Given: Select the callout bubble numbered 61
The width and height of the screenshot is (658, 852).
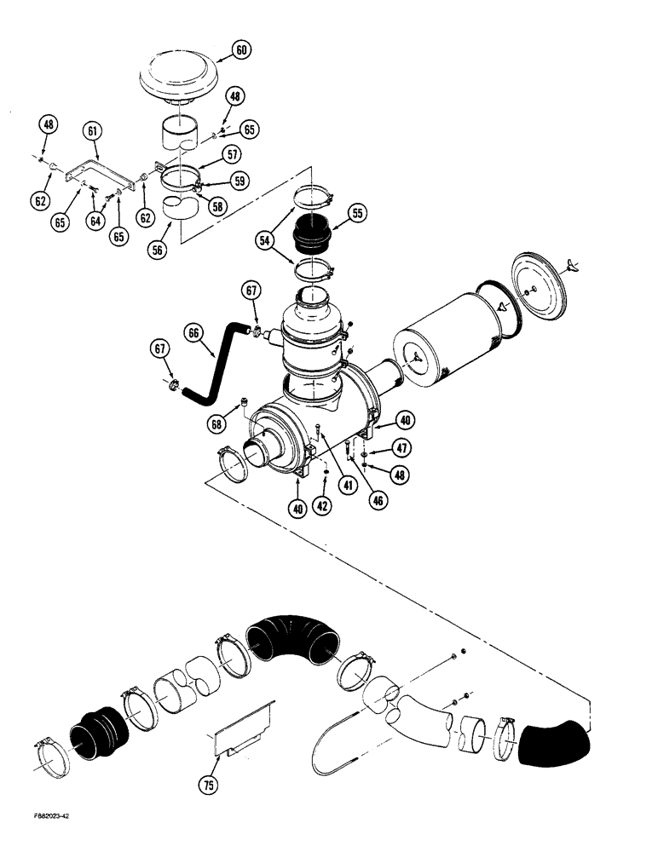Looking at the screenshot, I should pyautogui.click(x=92, y=130).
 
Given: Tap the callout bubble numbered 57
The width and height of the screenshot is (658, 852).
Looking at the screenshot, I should pyautogui.click(x=232, y=154).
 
